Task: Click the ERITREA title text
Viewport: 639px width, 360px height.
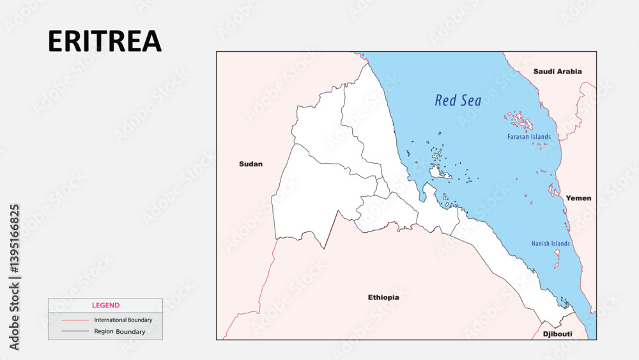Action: pyautogui.click(x=105, y=41)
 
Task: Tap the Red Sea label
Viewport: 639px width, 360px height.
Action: pyautogui.click(x=458, y=100)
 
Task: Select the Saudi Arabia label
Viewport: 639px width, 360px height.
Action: pyautogui.click(x=558, y=71)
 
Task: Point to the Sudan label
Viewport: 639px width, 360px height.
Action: pyautogui.click(x=250, y=164)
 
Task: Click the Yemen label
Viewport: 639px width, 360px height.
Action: pyautogui.click(x=578, y=198)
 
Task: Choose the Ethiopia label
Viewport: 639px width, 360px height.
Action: pyautogui.click(x=383, y=297)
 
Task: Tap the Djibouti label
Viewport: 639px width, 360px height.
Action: pyautogui.click(x=557, y=334)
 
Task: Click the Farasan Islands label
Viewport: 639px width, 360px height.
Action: pyautogui.click(x=529, y=137)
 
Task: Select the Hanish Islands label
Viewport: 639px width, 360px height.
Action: pyautogui.click(x=551, y=244)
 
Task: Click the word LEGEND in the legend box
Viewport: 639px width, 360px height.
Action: pyautogui.click(x=105, y=306)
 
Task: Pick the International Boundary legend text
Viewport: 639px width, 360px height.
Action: pyautogui.click(x=123, y=320)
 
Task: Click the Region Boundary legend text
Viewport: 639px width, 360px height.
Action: pyautogui.click(x=119, y=332)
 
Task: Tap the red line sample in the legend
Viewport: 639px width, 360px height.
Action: pyautogui.click(x=75, y=320)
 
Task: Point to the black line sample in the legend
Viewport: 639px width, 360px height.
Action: pyautogui.click(x=75, y=331)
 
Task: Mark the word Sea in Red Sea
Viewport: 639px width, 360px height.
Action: pyautogui.click(x=471, y=100)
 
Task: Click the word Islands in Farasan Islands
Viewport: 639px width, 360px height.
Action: pyautogui.click(x=541, y=137)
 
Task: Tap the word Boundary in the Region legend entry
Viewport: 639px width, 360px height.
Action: pyautogui.click(x=130, y=332)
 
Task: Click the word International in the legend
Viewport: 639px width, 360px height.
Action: pyautogui.click(x=111, y=320)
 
